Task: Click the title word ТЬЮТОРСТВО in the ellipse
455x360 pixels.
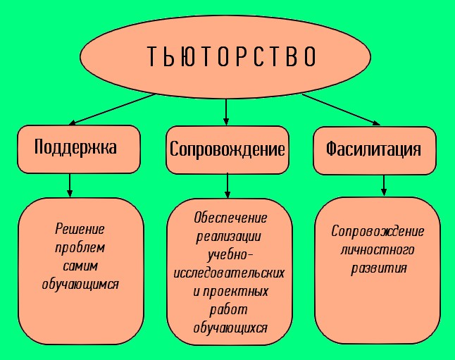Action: [x=232, y=56]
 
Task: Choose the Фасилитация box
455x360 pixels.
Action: [x=373, y=149]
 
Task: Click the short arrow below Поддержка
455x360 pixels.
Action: [x=70, y=185]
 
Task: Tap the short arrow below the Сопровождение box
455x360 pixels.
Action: [x=227, y=186]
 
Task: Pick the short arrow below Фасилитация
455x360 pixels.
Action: [x=384, y=185]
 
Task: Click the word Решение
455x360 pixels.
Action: [x=80, y=230]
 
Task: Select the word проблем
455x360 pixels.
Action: [x=80, y=248]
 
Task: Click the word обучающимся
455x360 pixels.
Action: [x=80, y=285]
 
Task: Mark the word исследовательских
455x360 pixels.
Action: [x=230, y=272]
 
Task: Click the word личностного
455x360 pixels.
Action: [x=378, y=249]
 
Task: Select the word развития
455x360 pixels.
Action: [x=378, y=268]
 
